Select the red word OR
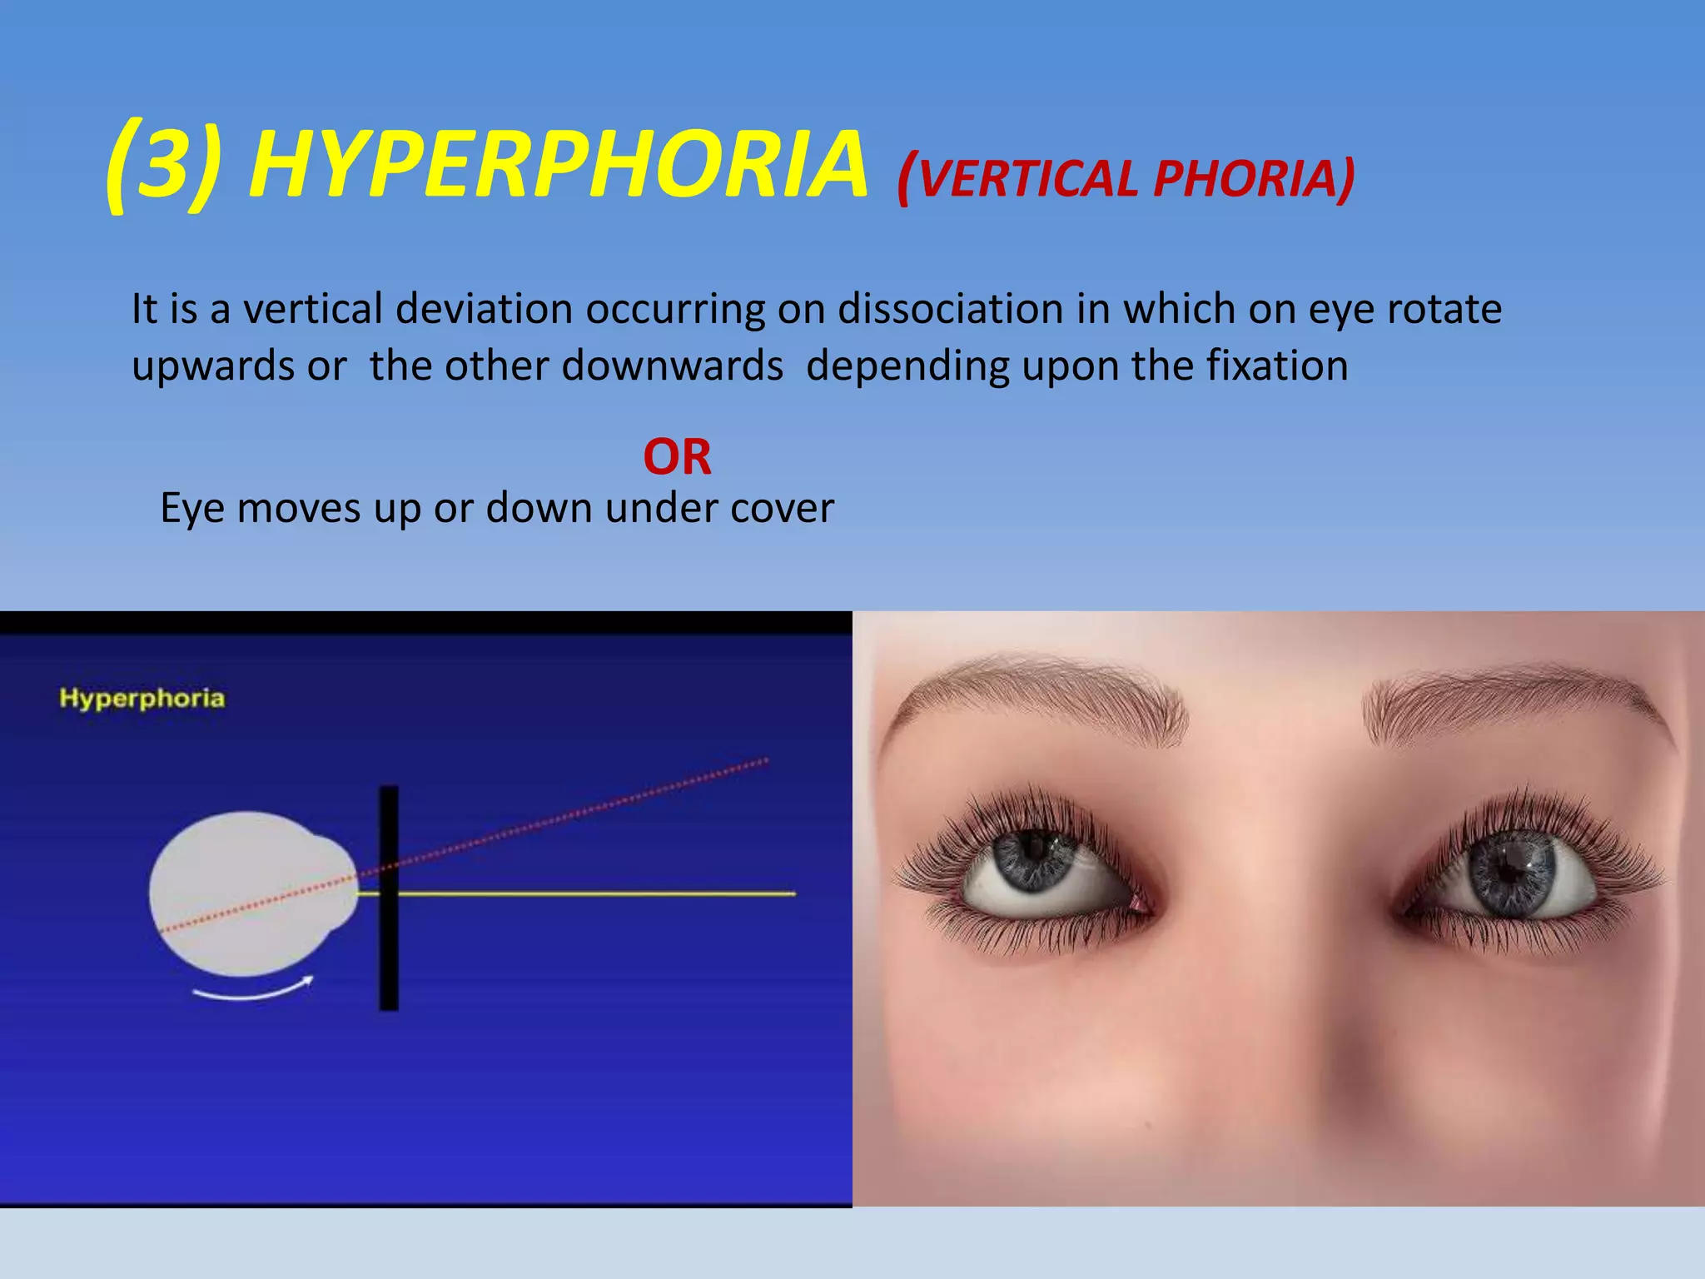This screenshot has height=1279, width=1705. coord(677,457)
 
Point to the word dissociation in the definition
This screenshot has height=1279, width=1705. coord(950,310)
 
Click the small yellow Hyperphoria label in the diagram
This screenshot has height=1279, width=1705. coord(142,698)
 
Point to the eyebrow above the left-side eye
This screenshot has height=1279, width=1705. coord(1041,691)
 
